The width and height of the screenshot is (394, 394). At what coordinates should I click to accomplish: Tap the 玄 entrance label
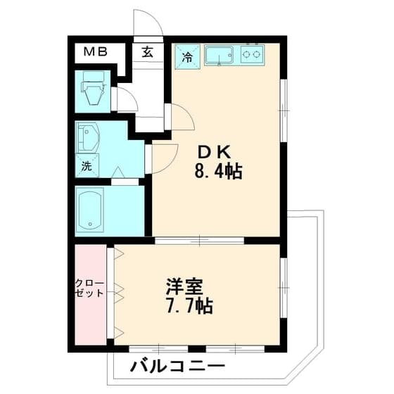point(148,51)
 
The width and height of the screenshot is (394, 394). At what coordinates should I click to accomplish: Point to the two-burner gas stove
point(252,53)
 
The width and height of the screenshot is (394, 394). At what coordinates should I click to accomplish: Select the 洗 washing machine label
point(86,167)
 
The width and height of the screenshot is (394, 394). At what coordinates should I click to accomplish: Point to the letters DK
point(214,151)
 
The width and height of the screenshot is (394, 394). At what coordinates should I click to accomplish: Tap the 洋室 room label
point(185,287)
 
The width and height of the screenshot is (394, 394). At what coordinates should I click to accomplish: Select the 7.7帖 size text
point(188,307)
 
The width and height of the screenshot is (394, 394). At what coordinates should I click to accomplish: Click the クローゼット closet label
point(89,288)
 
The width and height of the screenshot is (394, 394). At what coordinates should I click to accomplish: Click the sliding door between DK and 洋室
point(200,241)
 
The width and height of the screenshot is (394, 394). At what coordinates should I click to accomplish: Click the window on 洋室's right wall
point(284,281)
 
